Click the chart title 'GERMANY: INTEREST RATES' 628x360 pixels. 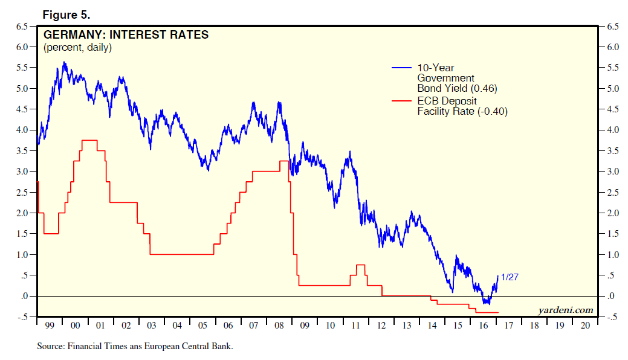[126, 35]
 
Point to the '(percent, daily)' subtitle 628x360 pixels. [77, 47]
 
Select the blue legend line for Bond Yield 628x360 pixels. [402, 68]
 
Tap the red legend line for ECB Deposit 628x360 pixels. [402, 101]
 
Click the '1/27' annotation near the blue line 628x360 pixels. [510, 277]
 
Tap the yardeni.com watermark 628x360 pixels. [566, 310]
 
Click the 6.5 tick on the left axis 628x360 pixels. [21, 26]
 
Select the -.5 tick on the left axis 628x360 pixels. [21, 317]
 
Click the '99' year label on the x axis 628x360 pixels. [49, 326]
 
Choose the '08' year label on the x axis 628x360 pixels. [279, 326]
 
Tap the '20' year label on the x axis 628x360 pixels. [584, 326]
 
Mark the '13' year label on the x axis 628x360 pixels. [406, 326]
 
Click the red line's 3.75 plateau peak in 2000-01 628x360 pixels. [89, 140]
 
